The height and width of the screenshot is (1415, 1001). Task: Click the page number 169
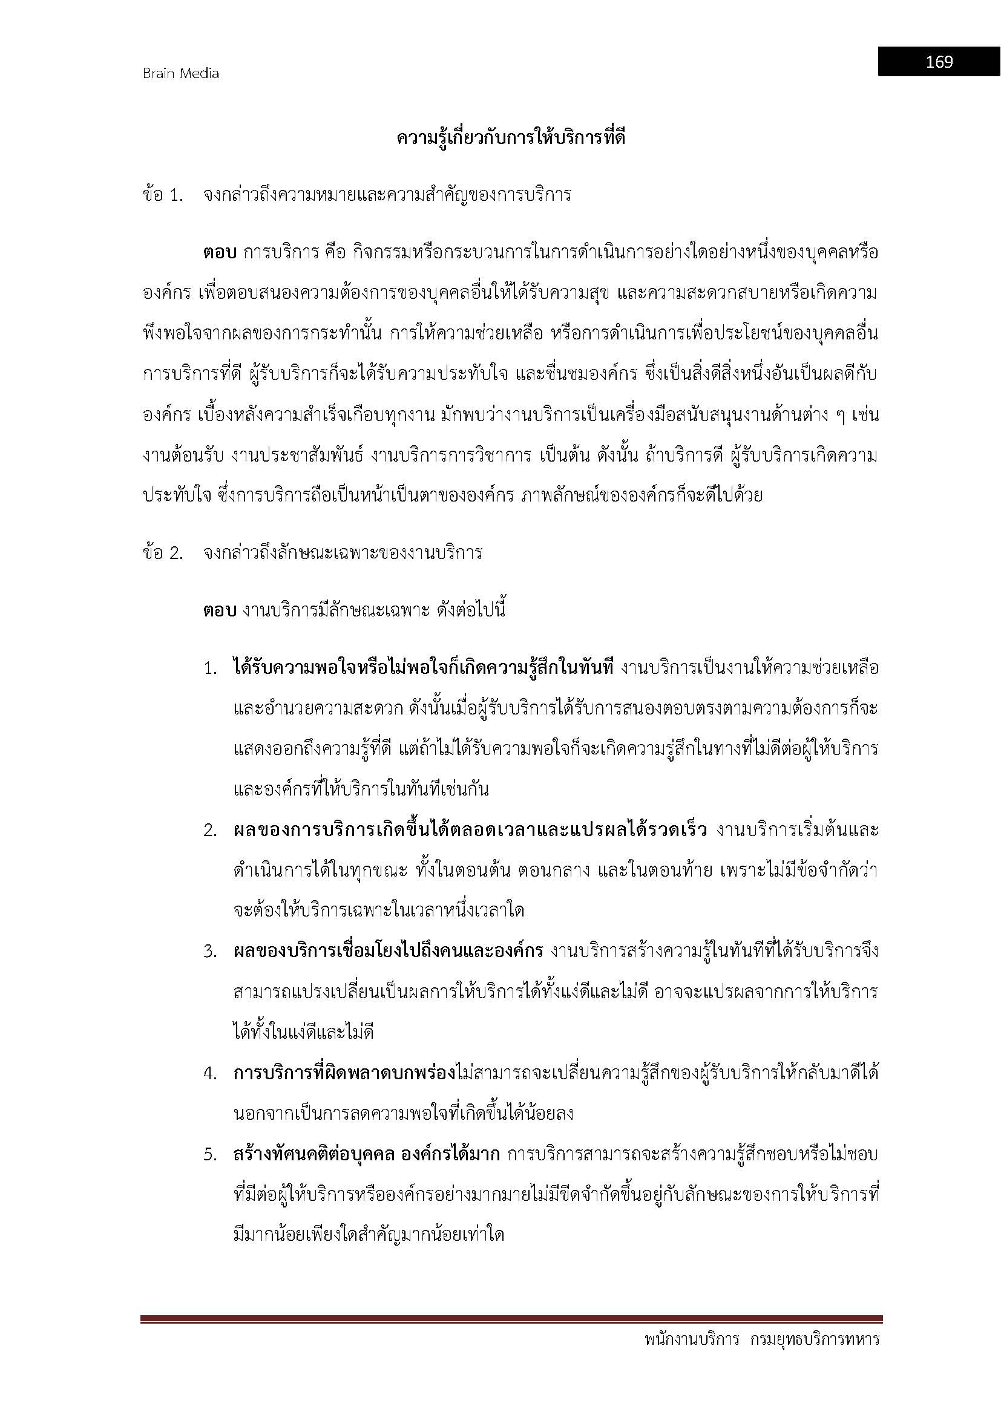coord(939,62)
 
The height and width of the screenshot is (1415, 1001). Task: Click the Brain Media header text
coord(180,74)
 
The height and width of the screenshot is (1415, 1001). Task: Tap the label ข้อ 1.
coord(163,195)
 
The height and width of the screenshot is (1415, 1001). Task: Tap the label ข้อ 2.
coord(163,553)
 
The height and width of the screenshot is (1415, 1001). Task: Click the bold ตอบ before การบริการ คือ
coord(220,253)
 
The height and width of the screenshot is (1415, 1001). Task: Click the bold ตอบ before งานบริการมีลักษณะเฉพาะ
coord(220,611)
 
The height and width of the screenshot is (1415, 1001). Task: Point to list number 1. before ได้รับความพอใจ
coord(211,668)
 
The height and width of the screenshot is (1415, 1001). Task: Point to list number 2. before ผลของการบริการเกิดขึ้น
coord(211,831)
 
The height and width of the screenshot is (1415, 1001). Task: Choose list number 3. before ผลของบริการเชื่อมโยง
coord(211,952)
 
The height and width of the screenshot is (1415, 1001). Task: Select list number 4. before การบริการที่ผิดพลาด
coord(211,1074)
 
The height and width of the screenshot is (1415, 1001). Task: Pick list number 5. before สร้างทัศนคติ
coord(211,1155)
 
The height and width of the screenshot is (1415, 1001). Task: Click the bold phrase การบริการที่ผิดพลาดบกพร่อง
coord(344,1073)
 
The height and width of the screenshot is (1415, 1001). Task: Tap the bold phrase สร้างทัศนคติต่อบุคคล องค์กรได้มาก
coord(367,1154)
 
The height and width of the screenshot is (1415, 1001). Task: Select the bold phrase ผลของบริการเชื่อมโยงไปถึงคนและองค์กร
coord(389,952)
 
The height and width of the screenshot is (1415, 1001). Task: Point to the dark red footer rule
coord(511,1318)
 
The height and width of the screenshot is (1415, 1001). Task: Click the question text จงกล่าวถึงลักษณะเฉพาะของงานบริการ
coord(343,553)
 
